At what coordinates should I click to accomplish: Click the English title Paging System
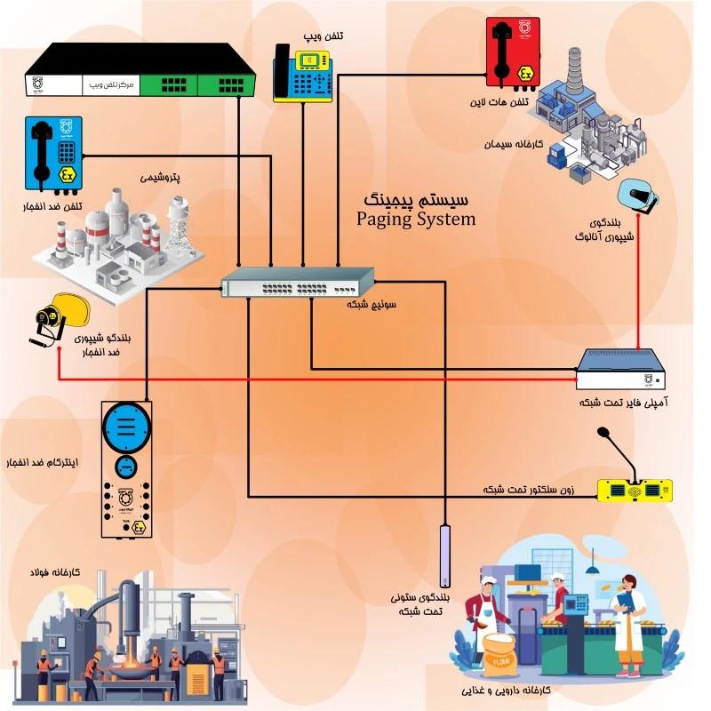pos(415,219)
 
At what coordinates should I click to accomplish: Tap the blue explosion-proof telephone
pos(54,153)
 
